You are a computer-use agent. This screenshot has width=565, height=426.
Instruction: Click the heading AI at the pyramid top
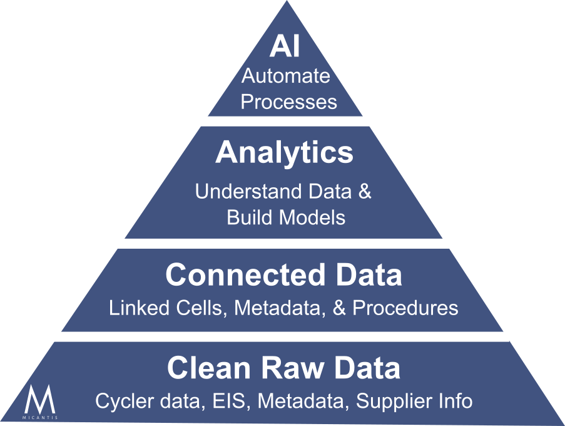click(x=285, y=48)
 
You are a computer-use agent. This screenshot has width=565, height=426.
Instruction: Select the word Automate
click(x=286, y=76)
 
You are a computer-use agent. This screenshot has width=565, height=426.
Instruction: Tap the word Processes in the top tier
click(x=288, y=101)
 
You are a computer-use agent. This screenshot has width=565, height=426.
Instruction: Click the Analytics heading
click(x=284, y=153)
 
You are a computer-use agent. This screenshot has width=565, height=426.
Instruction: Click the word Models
click(x=312, y=217)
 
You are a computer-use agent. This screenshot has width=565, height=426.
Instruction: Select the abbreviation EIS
click(x=228, y=400)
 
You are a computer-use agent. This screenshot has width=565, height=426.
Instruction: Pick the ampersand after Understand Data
click(x=365, y=192)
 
